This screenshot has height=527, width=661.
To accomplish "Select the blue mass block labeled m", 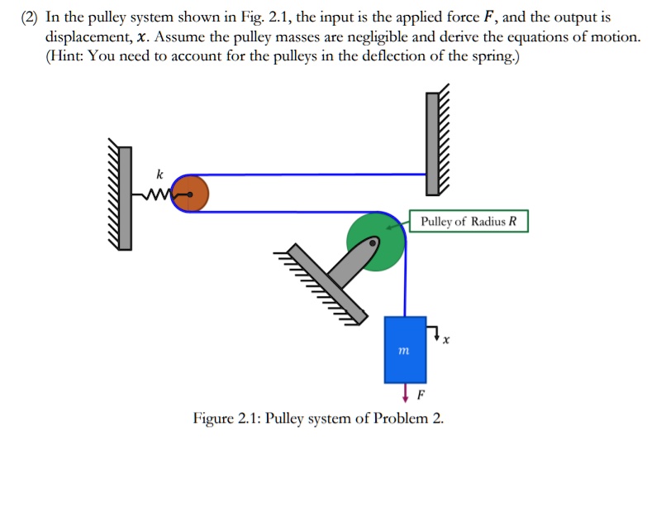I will (405, 349).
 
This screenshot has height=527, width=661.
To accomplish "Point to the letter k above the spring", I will (159, 174).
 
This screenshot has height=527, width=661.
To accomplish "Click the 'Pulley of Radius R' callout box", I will (468, 222).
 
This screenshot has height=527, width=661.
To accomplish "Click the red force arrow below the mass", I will (405, 390).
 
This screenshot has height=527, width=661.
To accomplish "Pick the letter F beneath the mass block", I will (420, 394).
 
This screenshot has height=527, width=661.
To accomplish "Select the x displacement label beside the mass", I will (446, 339).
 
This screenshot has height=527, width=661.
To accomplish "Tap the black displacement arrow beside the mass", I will (435, 333).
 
